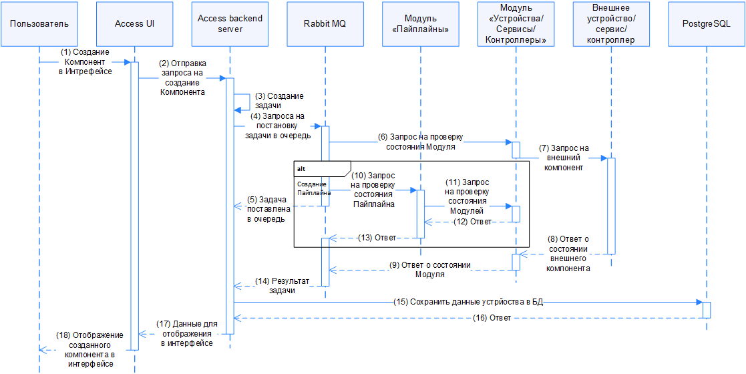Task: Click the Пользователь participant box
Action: (x=39, y=23)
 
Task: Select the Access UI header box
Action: (x=135, y=23)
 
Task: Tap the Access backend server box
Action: (x=230, y=23)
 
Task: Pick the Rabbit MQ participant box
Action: (x=325, y=23)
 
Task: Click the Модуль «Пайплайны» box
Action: (x=421, y=23)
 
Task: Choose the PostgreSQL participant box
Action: (x=707, y=23)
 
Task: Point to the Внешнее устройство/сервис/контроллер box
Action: (x=611, y=23)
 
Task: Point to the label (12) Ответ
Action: (x=472, y=222)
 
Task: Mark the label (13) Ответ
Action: (x=376, y=238)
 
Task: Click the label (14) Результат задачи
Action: (x=282, y=286)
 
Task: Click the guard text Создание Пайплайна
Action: (x=312, y=188)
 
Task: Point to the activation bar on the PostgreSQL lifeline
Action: (x=707, y=310)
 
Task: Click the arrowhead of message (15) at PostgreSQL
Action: (x=699, y=302)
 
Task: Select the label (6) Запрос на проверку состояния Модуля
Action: (x=421, y=142)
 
